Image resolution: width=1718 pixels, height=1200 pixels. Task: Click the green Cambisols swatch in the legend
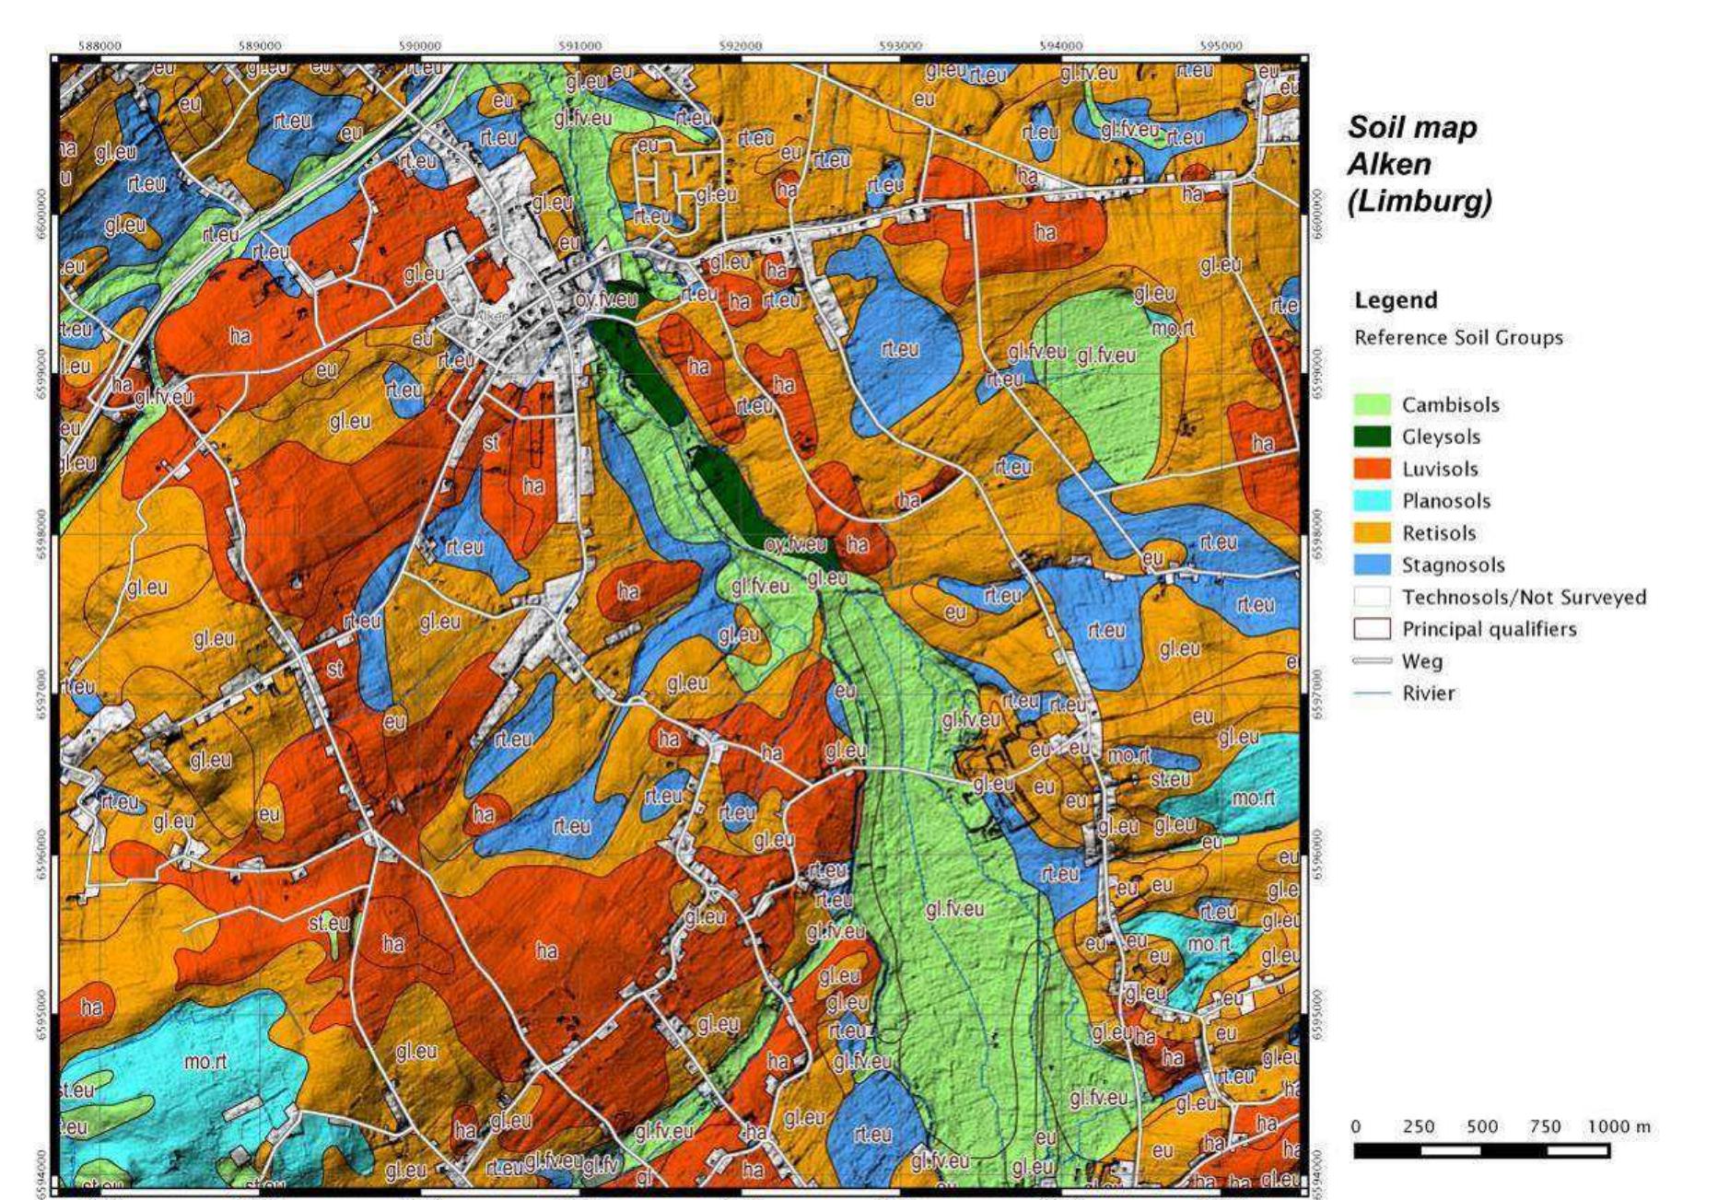[x=1372, y=404]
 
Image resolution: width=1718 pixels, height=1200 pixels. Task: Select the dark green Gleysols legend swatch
[x=1372, y=437]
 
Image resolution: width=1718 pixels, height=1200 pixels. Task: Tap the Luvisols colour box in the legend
[x=1372, y=469]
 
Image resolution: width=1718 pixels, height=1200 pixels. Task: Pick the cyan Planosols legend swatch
[x=1372, y=501]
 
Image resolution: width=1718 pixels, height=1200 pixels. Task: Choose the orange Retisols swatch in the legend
[x=1372, y=533]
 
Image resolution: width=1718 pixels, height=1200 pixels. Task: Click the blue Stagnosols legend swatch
[x=1372, y=565]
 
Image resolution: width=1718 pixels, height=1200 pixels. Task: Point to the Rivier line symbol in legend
[x=1372, y=693]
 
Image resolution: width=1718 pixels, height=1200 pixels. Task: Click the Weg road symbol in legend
[x=1372, y=661]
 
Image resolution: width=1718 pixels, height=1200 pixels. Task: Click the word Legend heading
[x=1396, y=300]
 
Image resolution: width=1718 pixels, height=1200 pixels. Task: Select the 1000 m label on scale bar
[x=1619, y=1126]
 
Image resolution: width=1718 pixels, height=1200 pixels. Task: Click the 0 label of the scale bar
[x=1356, y=1126]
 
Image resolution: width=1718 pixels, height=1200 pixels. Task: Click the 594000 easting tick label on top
[x=1060, y=45]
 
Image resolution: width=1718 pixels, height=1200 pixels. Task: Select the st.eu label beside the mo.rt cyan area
[x=76, y=1089]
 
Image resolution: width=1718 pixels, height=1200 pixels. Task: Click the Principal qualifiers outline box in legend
[x=1372, y=629]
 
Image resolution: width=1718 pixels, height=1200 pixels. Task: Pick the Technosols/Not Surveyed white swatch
[x=1372, y=597]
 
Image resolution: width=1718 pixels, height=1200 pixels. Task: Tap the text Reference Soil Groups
[x=1458, y=338]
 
